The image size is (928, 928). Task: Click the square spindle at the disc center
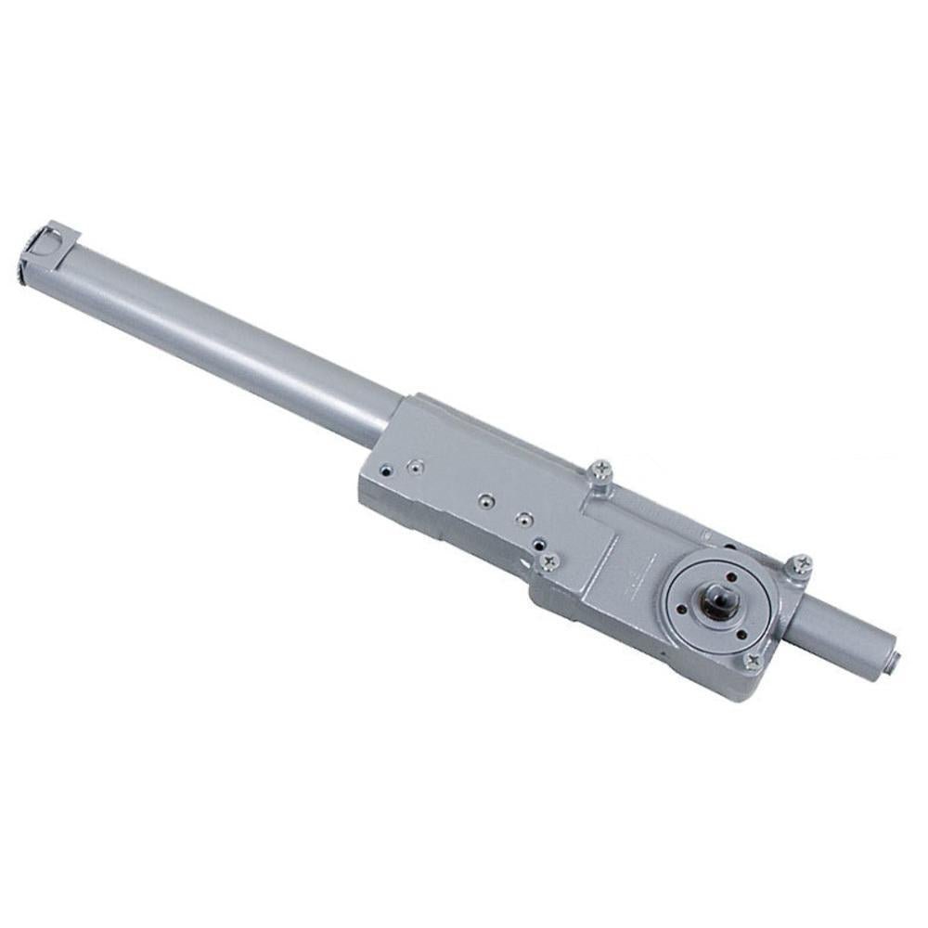pos(718,603)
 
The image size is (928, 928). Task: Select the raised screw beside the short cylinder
pos(800,564)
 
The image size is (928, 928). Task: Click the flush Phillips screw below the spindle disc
pos(753,661)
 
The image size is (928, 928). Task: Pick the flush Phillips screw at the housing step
pos(550,560)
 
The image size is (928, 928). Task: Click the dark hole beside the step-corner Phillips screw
pos(537,547)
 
